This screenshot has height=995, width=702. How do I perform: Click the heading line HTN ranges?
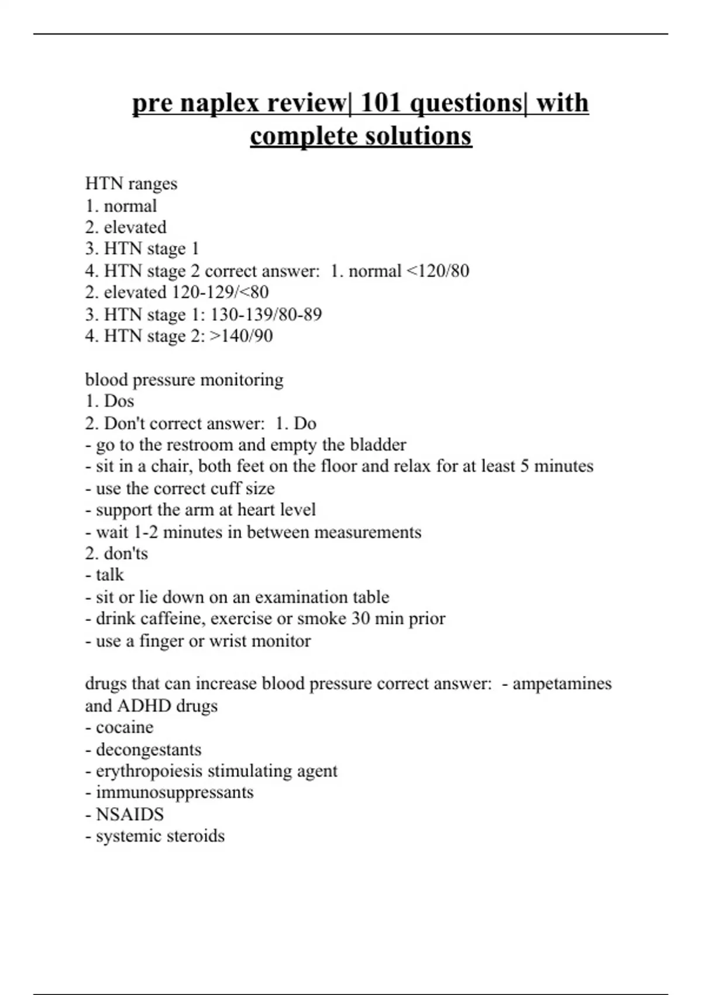(131, 184)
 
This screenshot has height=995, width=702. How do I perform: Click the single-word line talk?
(109, 575)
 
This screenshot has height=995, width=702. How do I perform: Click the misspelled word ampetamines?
(562, 684)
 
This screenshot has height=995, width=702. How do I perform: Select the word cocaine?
(125, 728)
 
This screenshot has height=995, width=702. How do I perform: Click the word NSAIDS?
(130, 814)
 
